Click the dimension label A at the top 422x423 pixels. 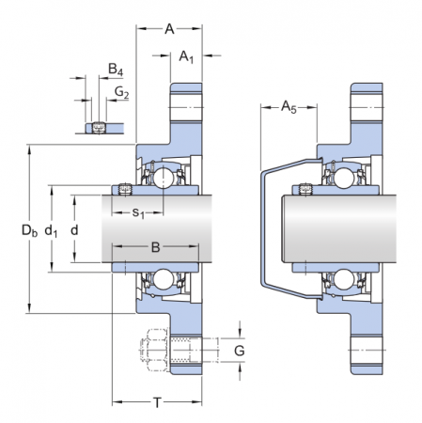click(169, 29)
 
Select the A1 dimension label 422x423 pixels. click(186, 57)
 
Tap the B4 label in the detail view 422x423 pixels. click(115, 70)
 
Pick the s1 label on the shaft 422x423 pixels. click(137, 213)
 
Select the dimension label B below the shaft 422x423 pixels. click(156, 248)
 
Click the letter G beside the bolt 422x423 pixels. click(239, 351)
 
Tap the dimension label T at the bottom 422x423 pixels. click(156, 402)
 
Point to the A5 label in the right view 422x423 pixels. click(289, 108)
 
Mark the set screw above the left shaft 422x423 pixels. click(125, 190)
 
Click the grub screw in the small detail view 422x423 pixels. click(100, 126)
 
